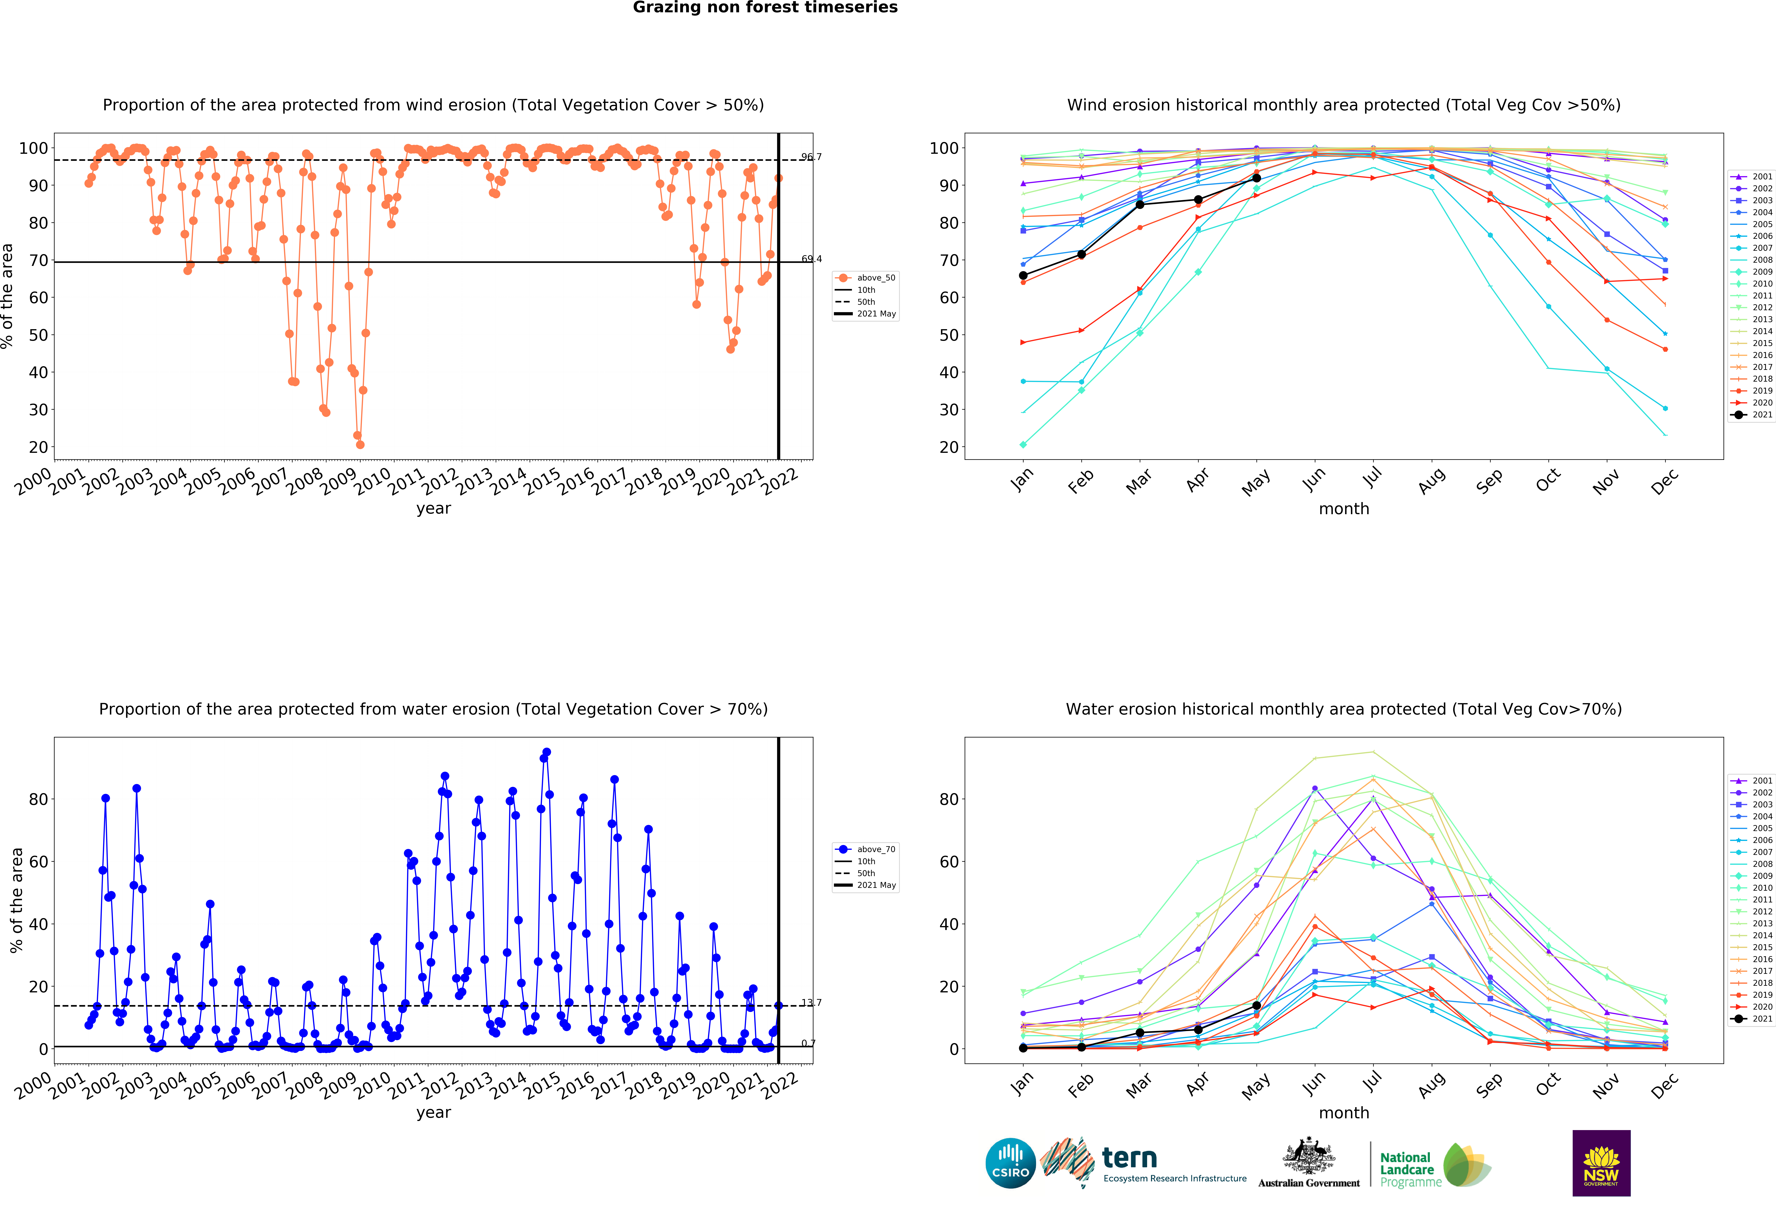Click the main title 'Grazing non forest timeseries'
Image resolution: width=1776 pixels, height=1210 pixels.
click(765, 8)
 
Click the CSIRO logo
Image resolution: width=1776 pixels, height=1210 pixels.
click(1010, 1163)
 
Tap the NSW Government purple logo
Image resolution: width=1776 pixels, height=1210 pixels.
click(1601, 1163)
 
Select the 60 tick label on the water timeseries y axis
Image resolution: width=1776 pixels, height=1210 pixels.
click(38, 862)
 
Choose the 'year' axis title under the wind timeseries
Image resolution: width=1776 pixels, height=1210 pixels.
click(433, 509)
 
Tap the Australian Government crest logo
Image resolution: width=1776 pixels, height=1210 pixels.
click(1309, 1163)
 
